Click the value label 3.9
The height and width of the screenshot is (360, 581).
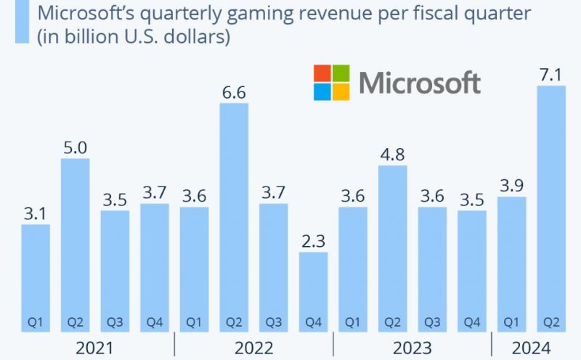[x=511, y=186]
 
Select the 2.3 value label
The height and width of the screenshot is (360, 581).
[x=313, y=241]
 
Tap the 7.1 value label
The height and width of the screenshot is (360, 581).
[x=550, y=75]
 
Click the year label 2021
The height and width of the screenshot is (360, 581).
[x=94, y=348]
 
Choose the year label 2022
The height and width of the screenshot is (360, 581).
[x=253, y=348]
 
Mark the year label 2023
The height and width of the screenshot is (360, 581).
[x=412, y=348]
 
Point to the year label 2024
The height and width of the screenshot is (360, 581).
[x=531, y=348]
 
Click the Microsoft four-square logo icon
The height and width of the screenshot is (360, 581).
[x=331, y=82]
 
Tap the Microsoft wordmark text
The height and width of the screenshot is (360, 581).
[x=420, y=82]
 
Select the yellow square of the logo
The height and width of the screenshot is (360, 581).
[x=341, y=91]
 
